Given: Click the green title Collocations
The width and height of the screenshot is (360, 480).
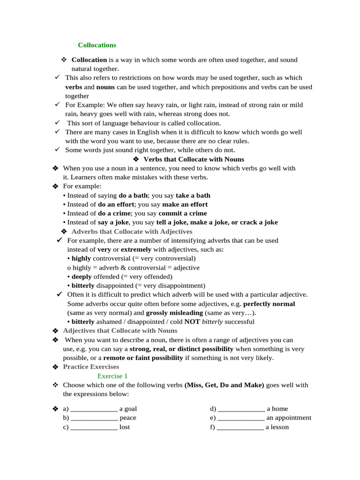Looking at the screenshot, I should pyautogui.click(x=97, y=45).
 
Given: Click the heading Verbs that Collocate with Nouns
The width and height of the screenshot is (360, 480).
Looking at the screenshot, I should pyautogui.click(x=194, y=159).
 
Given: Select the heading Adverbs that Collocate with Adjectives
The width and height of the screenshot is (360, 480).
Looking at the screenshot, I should pyautogui.click(x=132, y=232).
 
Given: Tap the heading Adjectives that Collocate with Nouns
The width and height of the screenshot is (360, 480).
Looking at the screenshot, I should pyautogui.click(x=120, y=331).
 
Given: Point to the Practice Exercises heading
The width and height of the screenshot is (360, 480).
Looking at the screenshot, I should pyautogui.click(x=91, y=367).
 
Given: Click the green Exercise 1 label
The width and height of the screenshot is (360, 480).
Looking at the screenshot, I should pyautogui.click(x=112, y=376).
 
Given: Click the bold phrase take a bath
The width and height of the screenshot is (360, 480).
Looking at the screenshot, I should pyautogui.click(x=193, y=195).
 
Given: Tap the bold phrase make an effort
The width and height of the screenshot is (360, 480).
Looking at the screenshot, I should pyautogui.click(x=185, y=204).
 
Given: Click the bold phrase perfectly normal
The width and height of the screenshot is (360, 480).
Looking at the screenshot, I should pyautogui.click(x=269, y=304).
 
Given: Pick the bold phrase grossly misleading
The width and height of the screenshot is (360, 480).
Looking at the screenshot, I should pyautogui.click(x=174, y=313).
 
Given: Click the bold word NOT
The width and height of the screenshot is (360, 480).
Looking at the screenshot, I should pyautogui.click(x=192, y=322).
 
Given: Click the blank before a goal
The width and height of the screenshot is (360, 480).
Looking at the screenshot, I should pyautogui.click(x=94, y=409).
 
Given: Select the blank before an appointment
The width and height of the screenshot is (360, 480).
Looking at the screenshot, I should pyautogui.click(x=241, y=418).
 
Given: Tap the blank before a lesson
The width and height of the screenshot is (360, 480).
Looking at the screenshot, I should pyautogui.click(x=240, y=427).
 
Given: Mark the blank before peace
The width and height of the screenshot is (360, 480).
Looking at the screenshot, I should pyautogui.click(x=94, y=418).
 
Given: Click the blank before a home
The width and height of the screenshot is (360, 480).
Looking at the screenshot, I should pyautogui.click(x=241, y=409).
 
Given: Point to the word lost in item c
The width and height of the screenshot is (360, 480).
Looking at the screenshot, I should pyautogui.click(x=125, y=427).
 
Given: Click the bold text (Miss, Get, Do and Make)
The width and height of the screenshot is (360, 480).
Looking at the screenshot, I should pyautogui.click(x=225, y=385).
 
